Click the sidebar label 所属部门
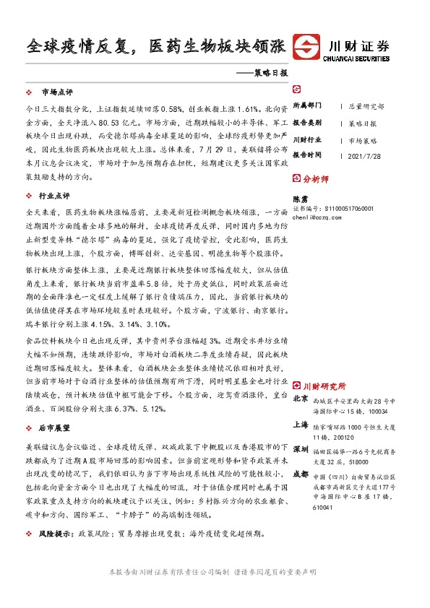pyautogui.click(x=307, y=105)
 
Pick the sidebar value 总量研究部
pyautogui.click(x=366, y=106)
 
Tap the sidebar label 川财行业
pyautogui.click(x=307, y=139)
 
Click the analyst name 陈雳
pyautogui.click(x=299, y=197)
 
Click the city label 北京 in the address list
pyautogui.click(x=301, y=399)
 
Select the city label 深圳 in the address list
pyautogui.click(x=301, y=449)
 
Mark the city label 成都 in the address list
pyautogui.click(x=301, y=474)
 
